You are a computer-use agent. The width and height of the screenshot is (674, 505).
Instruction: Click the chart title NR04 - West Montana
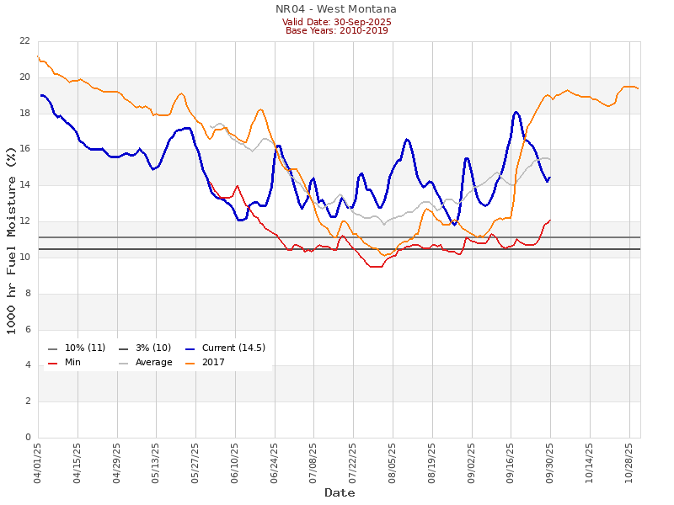pos(336,9)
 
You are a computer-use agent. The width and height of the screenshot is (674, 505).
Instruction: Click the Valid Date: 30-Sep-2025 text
pos(336,21)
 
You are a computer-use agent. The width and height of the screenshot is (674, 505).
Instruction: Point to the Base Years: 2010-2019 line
pos(336,30)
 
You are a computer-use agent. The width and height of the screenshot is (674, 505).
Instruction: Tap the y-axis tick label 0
pos(27,438)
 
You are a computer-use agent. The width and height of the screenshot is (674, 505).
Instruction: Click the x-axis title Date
pos(340,492)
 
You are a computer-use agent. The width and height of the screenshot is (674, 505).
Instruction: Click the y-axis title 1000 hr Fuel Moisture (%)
pos(12,239)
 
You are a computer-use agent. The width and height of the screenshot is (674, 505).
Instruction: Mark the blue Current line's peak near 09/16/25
pos(516,112)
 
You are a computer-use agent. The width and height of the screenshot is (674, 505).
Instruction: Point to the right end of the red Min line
pos(550,221)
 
